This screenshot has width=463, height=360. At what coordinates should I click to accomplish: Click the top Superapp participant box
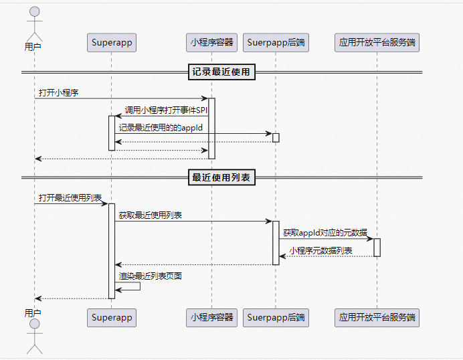(x=112, y=43)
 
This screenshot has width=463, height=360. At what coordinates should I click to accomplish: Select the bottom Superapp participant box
(x=112, y=318)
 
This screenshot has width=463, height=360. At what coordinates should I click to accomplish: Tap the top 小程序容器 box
(x=211, y=43)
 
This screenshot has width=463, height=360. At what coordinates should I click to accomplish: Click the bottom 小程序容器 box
(x=211, y=318)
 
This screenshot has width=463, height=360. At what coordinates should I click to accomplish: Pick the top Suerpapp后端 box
(x=276, y=43)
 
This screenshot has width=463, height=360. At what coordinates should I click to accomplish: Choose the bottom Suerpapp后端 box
(x=276, y=318)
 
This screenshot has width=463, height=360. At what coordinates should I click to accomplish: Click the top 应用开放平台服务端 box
(x=377, y=43)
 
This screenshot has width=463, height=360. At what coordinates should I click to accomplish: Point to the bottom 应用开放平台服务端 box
(x=377, y=318)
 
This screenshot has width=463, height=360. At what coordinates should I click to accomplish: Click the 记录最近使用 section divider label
(x=222, y=72)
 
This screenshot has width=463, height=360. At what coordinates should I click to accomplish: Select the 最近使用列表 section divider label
(x=222, y=177)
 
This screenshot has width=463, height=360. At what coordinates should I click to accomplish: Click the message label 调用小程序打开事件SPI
(x=166, y=110)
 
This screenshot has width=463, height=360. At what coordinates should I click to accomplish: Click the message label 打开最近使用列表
(x=70, y=198)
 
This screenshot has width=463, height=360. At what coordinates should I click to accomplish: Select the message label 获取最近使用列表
(x=151, y=215)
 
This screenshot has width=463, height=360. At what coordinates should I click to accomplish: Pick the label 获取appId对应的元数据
(x=325, y=233)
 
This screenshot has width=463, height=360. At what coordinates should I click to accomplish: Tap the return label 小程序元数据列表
(x=320, y=250)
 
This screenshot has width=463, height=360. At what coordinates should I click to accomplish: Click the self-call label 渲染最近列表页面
(x=151, y=276)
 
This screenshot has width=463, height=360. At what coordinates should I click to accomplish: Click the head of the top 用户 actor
(x=33, y=12)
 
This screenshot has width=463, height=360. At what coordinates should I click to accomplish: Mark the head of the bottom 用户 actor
(x=33, y=325)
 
